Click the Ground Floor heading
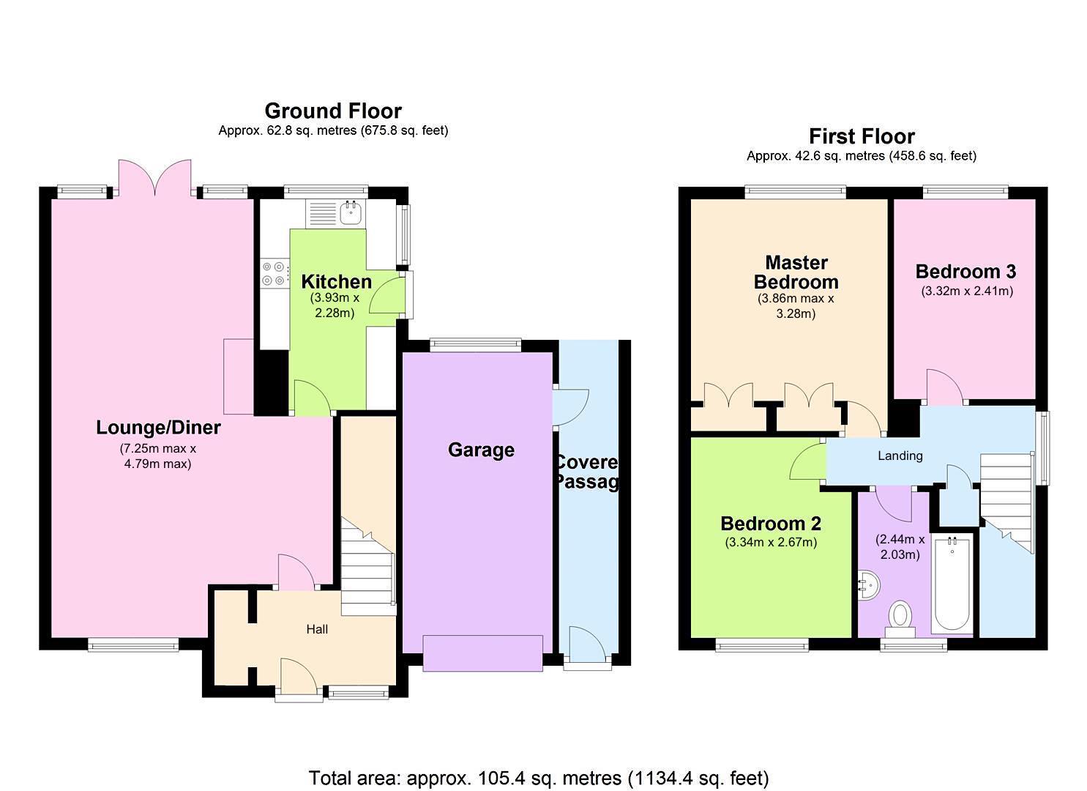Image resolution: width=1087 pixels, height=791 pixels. coord(333,111)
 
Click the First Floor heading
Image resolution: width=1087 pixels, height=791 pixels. coord(862,136)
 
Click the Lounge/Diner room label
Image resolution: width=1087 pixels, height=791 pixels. coord(158,427)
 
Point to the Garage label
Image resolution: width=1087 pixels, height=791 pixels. coord(481,450)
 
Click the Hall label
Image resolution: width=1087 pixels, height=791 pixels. coord(317,629)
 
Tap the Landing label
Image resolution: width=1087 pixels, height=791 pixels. coord(900,456)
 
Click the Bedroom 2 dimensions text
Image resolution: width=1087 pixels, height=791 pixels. coord(771,543)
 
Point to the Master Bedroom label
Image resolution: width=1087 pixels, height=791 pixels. coord(796,272)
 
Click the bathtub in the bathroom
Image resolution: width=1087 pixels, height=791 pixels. coord(952,585)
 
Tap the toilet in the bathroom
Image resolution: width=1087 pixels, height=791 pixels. coord(900,617)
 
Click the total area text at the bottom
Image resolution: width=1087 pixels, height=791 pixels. coord(538,777)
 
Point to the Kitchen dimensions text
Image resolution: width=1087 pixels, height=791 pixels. coord(335,305)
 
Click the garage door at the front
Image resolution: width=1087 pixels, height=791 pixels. coord(483,653)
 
